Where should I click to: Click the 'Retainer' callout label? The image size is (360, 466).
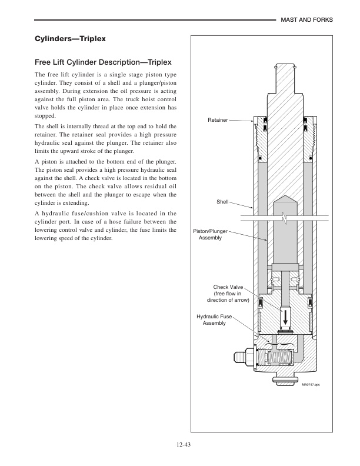pos(217,120)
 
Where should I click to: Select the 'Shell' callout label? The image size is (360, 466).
pos(222,201)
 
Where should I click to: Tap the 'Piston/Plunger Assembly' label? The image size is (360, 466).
pos(210,234)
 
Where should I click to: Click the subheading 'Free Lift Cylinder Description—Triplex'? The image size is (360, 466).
pos(103,61)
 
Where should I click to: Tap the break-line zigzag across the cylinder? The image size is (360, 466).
pos(285,218)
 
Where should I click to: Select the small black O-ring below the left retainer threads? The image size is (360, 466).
pos(259,159)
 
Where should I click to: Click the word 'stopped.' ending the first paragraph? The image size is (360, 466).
pos(47,116)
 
